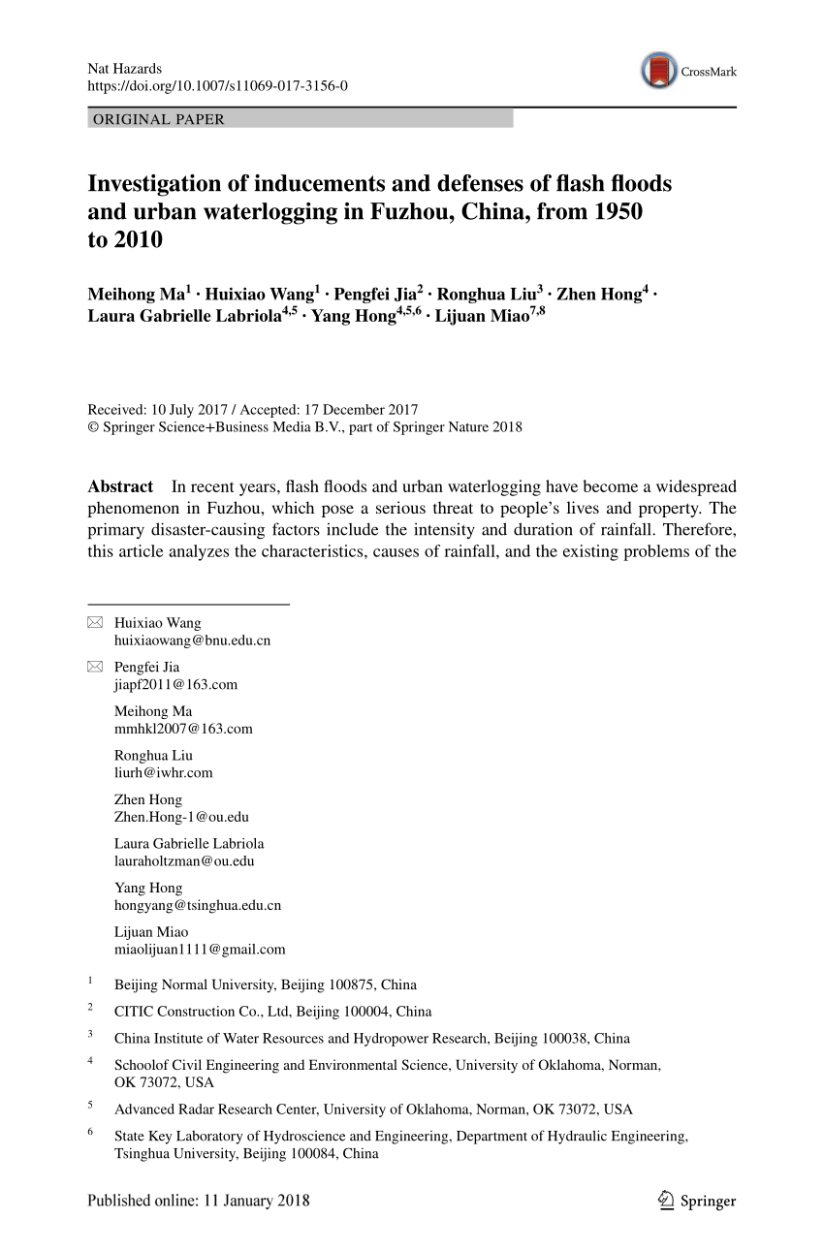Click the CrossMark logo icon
[659, 71]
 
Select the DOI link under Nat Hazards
[217, 86]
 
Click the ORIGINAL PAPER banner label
[159, 119]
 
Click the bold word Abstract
[120, 487]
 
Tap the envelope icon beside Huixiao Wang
[95, 622]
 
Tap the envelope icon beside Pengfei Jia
[95, 667]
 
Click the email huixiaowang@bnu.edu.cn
[192, 641]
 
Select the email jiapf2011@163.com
[175, 685]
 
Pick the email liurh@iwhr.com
[163, 773]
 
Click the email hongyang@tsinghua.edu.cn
[198, 906]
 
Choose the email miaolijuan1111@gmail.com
[200, 950]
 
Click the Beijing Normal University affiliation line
[265, 984]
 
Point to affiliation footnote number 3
[90, 1034]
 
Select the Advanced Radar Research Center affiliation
[373, 1109]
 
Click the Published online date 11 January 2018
[199, 1201]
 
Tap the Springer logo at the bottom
[696, 1202]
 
